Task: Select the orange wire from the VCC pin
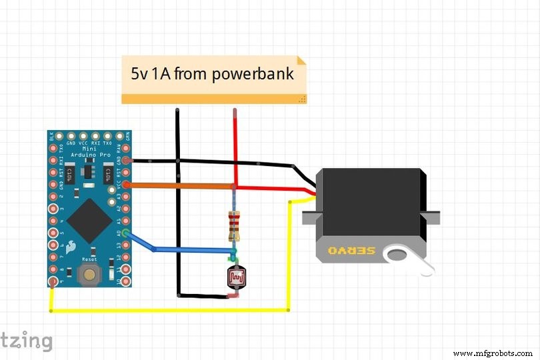pyautogui.click(x=180, y=185)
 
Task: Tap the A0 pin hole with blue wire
pyautogui.click(x=125, y=233)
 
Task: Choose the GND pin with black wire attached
pyautogui.click(x=125, y=161)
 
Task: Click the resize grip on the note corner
pyautogui.click(x=302, y=99)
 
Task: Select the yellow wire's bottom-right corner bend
pyautogui.click(x=288, y=309)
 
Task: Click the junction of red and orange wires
pyautogui.click(x=235, y=186)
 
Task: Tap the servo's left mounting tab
pyautogui.click(x=309, y=217)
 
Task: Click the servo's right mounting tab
pyautogui.click(x=433, y=217)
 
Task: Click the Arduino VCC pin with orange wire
pyautogui.click(x=125, y=185)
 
